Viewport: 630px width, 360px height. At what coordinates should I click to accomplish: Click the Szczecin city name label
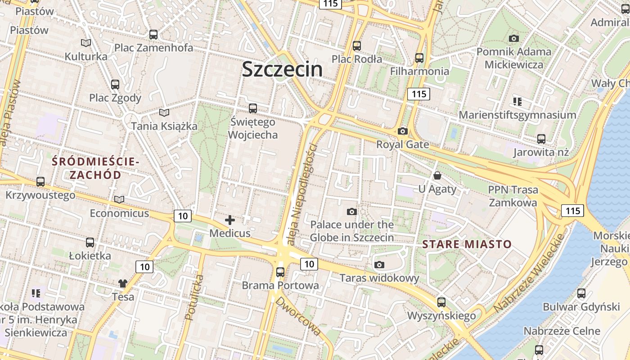(x=282, y=69)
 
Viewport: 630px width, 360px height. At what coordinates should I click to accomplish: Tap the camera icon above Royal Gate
(x=403, y=131)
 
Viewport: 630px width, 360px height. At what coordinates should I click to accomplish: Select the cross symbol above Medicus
(x=230, y=220)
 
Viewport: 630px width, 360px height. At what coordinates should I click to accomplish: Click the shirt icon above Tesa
(x=123, y=283)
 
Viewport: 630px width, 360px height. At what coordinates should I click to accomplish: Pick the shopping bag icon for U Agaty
(x=437, y=175)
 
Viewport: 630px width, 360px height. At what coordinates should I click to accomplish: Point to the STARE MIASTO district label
(x=467, y=244)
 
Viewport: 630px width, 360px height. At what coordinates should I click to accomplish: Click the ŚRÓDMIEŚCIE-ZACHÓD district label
(x=95, y=168)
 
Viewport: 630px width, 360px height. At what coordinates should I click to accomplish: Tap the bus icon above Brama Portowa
(x=280, y=272)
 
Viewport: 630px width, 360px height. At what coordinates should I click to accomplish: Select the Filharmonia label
(x=419, y=71)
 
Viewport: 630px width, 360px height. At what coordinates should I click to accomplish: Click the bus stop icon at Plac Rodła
(x=357, y=45)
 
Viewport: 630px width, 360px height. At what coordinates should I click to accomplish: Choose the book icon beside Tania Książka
(x=164, y=112)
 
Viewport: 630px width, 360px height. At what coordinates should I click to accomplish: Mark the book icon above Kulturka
(x=86, y=43)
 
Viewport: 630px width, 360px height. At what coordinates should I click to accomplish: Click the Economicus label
(x=119, y=213)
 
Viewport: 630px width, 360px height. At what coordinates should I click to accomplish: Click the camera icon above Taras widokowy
(x=379, y=265)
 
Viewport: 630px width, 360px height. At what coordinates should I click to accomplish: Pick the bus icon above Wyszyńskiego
(x=441, y=302)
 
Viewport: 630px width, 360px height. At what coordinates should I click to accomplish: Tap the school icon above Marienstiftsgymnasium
(x=517, y=102)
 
